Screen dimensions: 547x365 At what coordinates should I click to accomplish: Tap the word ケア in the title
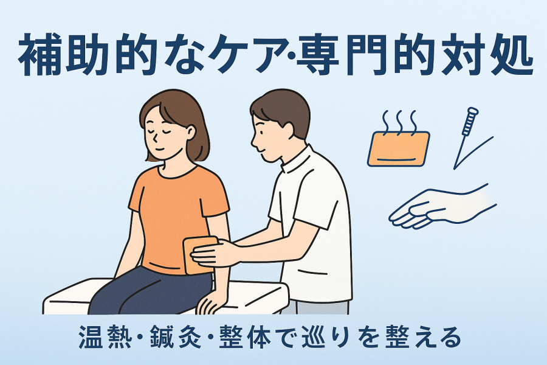pos(246,55)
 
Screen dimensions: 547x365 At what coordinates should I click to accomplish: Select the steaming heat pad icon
pos(398,138)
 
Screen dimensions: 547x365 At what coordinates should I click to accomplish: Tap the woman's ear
pos(190,131)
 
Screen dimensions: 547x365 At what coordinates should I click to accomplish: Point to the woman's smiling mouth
pos(160,149)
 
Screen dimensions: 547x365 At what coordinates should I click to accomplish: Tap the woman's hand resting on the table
pos(209,302)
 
